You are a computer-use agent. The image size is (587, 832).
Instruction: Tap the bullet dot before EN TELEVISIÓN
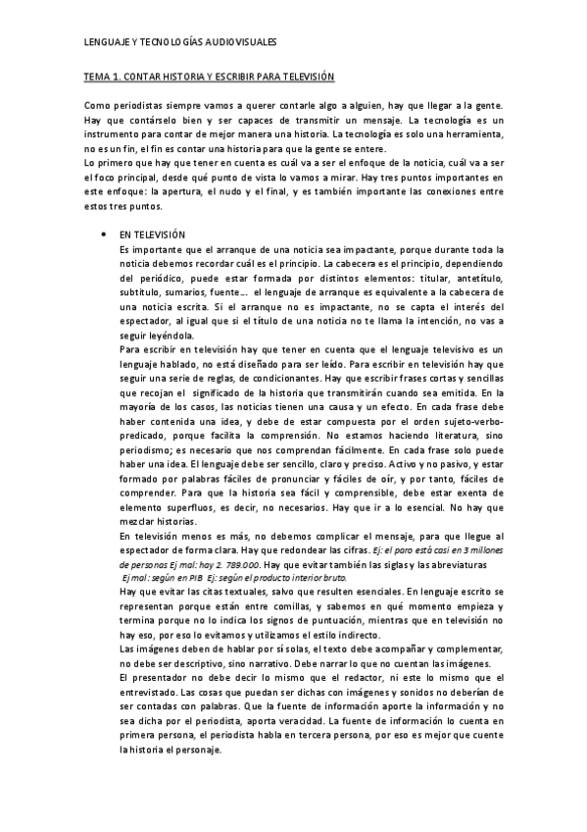(103, 236)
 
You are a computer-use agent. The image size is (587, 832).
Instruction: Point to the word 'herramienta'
(473, 132)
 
